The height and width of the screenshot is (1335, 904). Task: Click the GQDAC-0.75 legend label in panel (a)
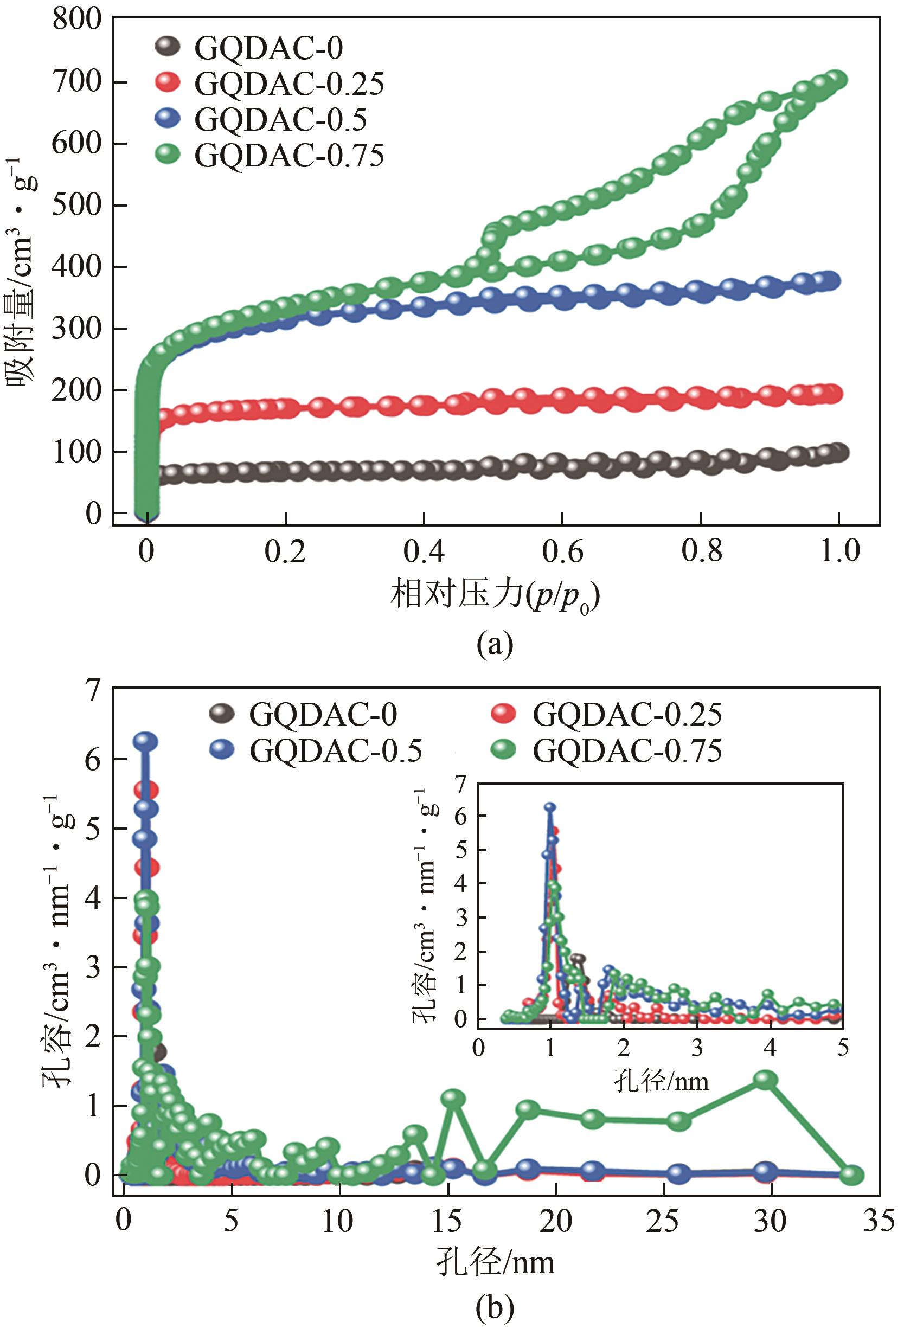tap(289, 156)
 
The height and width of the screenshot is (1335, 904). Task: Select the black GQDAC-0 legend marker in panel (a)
tap(168, 46)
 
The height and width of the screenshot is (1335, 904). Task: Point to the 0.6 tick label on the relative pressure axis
tap(562, 550)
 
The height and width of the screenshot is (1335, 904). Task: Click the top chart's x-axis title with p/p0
tap(495, 594)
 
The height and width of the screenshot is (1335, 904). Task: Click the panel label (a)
tap(495, 645)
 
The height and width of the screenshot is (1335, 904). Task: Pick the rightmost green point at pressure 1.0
tap(837, 79)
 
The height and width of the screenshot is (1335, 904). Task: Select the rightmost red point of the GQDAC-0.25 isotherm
tap(833, 394)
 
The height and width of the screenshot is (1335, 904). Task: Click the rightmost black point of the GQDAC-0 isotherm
tap(838, 452)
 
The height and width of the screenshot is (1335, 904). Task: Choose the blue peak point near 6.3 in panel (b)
tap(145, 741)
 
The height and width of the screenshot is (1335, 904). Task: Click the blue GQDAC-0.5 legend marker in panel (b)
tap(222, 749)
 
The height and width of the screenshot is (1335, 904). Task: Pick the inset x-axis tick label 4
tap(770, 1048)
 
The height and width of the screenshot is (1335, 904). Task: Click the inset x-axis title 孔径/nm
tap(661, 1081)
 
